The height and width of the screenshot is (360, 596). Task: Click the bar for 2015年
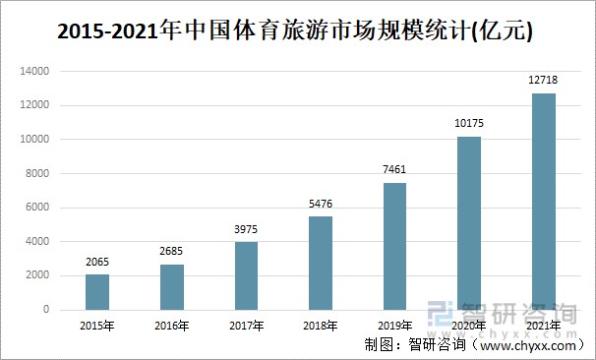click(97, 292)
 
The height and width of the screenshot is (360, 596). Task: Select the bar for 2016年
click(172, 286)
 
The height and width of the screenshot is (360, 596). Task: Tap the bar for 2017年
click(247, 275)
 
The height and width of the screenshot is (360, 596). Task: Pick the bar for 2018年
click(321, 263)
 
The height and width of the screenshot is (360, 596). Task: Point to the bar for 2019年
click(394, 246)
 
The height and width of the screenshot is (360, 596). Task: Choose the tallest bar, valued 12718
click(543, 202)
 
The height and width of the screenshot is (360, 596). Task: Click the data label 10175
click(469, 125)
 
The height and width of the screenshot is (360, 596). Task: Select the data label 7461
click(394, 170)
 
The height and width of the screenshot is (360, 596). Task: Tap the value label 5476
click(321, 205)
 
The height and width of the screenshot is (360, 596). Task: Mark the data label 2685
click(172, 252)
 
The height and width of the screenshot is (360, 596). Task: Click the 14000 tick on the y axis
click(35, 72)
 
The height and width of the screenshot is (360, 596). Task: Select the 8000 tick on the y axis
click(38, 174)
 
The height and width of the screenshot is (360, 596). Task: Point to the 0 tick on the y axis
click(47, 310)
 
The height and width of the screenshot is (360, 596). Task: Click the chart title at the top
click(296, 32)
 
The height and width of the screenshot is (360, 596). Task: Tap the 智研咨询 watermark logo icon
click(443, 313)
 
